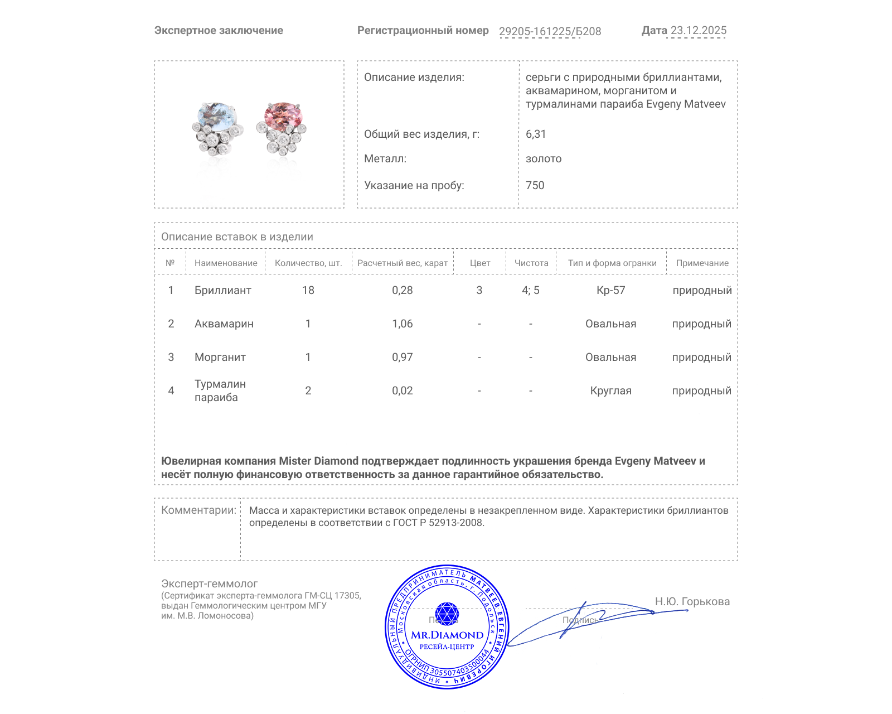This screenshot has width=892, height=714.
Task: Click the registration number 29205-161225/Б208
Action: (x=550, y=31)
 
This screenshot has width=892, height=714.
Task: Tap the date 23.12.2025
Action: (x=698, y=31)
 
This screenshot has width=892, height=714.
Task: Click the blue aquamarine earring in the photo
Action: (x=218, y=129)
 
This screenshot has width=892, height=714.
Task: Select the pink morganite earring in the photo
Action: (x=282, y=128)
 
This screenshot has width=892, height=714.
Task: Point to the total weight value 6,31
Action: (x=536, y=134)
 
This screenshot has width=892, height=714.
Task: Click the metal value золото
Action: (x=544, y=158)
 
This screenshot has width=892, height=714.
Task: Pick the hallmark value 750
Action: (x=535, y=185)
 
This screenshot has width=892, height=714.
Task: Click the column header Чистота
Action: (x=531, y=263)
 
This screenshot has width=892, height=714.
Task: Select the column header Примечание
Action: (x=702, y=263)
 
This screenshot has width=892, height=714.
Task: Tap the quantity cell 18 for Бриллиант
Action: (x=308, y=290)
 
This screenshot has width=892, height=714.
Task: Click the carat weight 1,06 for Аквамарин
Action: (x=402, y=324)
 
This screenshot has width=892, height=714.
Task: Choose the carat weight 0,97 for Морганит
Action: (x=402, y=357)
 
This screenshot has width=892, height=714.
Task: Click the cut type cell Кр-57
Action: (x=610, y=290)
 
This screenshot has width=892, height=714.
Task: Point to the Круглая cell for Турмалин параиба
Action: (x=610, y=390)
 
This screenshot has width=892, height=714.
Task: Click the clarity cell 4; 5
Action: (x=530, y=290)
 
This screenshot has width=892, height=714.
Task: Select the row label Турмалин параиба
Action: (x=220, y=390)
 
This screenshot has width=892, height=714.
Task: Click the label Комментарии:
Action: (x=198, y=510)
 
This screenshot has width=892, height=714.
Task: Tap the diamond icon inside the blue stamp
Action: (x=447, y=614)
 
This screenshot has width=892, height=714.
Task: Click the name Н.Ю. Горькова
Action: (x=692, y=601)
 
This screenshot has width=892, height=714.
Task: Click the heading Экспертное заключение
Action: (x=219, y=31)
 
